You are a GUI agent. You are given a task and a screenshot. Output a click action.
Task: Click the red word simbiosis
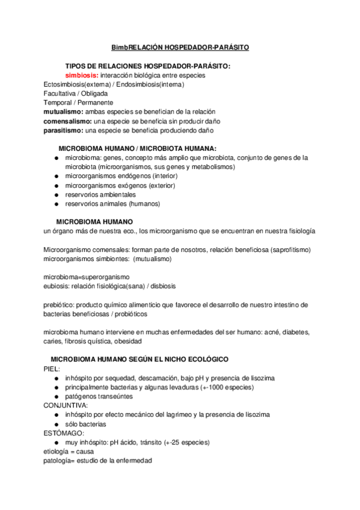coord(82,75)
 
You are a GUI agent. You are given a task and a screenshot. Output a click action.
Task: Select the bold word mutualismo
coord(63,112)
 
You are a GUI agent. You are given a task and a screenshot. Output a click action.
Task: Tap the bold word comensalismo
coord(67,121)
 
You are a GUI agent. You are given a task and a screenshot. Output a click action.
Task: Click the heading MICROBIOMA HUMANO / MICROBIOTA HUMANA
coord(138,148)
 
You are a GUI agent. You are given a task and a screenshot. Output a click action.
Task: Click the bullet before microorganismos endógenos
coord(55,176)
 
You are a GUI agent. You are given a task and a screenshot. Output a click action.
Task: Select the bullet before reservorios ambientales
coord(55,194)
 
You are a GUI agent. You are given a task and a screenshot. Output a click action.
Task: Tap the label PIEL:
coord(52,369)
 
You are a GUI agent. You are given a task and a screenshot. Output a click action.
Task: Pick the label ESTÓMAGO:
coord(64,433)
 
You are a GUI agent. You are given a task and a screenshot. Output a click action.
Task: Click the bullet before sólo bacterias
coord(55,424)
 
